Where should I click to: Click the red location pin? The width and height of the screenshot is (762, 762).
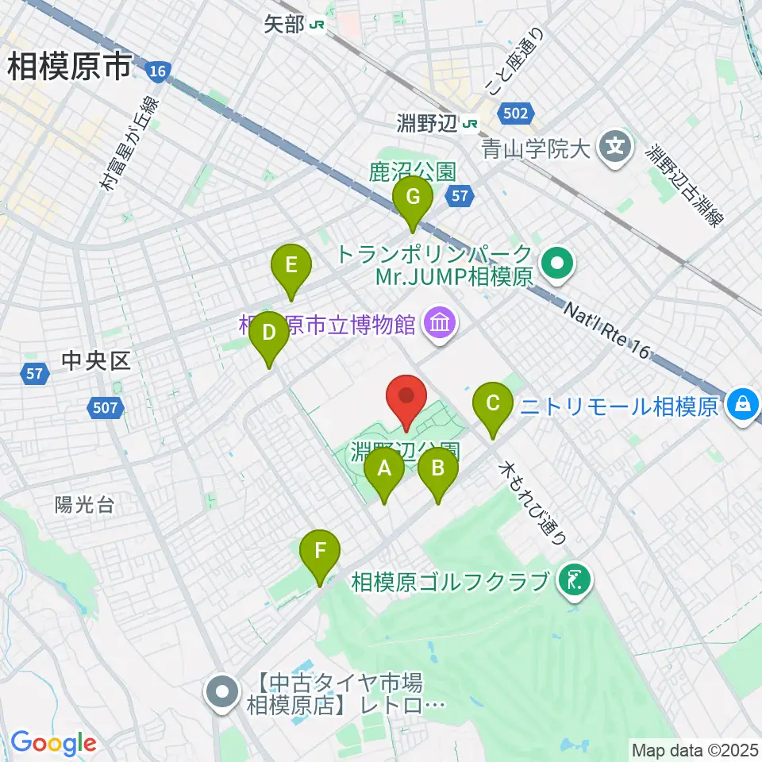406,397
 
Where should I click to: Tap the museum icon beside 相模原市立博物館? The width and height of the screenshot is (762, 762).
438,323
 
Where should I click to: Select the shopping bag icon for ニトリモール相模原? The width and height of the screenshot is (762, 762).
742,405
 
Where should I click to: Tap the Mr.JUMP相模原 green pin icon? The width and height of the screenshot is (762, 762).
558,264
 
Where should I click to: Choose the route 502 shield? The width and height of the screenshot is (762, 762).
515,114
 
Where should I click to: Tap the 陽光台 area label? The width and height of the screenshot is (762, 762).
84,505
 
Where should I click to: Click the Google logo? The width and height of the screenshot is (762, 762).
53,743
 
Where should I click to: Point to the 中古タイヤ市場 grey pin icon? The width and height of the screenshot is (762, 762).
222,692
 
